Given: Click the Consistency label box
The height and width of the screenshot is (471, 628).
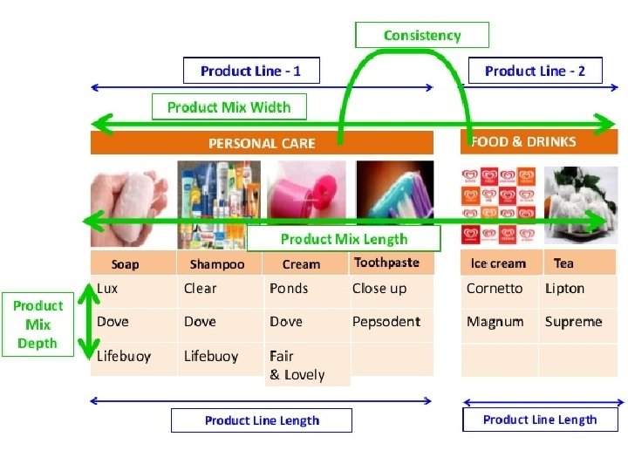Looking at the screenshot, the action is pyautogui.click(x=422, y=35).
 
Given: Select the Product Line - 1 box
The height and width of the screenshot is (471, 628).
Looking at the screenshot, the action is pyautogui.click(x=251, y=71).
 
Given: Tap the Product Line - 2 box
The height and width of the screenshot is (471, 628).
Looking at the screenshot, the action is pyautogui.click(x=535, y=71).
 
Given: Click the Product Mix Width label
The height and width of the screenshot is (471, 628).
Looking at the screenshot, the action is pyautogui.click(x=229, y=106).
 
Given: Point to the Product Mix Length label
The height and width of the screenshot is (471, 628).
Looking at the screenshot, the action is pyautogui.click(x=344, y=239).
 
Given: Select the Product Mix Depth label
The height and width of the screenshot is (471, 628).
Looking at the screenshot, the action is pyautogui.click(x=38, y=324).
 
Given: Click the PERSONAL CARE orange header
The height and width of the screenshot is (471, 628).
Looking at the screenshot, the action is pyautogui.click(x=262, y=143).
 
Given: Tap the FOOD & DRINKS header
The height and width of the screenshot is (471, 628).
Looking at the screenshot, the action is pyautogui.click(x=538, y=141).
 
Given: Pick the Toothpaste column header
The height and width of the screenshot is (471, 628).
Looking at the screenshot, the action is pyautogui.click(x=387, y=263).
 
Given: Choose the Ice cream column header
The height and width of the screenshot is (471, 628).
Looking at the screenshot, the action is pyautogui.click(x=498, y=263).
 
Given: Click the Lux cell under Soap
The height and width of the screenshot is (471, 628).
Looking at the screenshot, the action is pyautogui.click(x=131, y=289).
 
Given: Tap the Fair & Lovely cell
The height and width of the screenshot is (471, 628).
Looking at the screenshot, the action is pyautogui.click(x=306, y=365).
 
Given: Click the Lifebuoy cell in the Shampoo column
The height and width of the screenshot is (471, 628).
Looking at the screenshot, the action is pyautogui.click(x=219, y=356).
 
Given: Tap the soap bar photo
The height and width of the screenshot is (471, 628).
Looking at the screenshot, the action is pyautogui.click(x=131, y=201).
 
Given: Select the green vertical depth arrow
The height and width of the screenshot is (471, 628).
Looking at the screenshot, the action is pyautogui.click(x=85, y=323).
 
